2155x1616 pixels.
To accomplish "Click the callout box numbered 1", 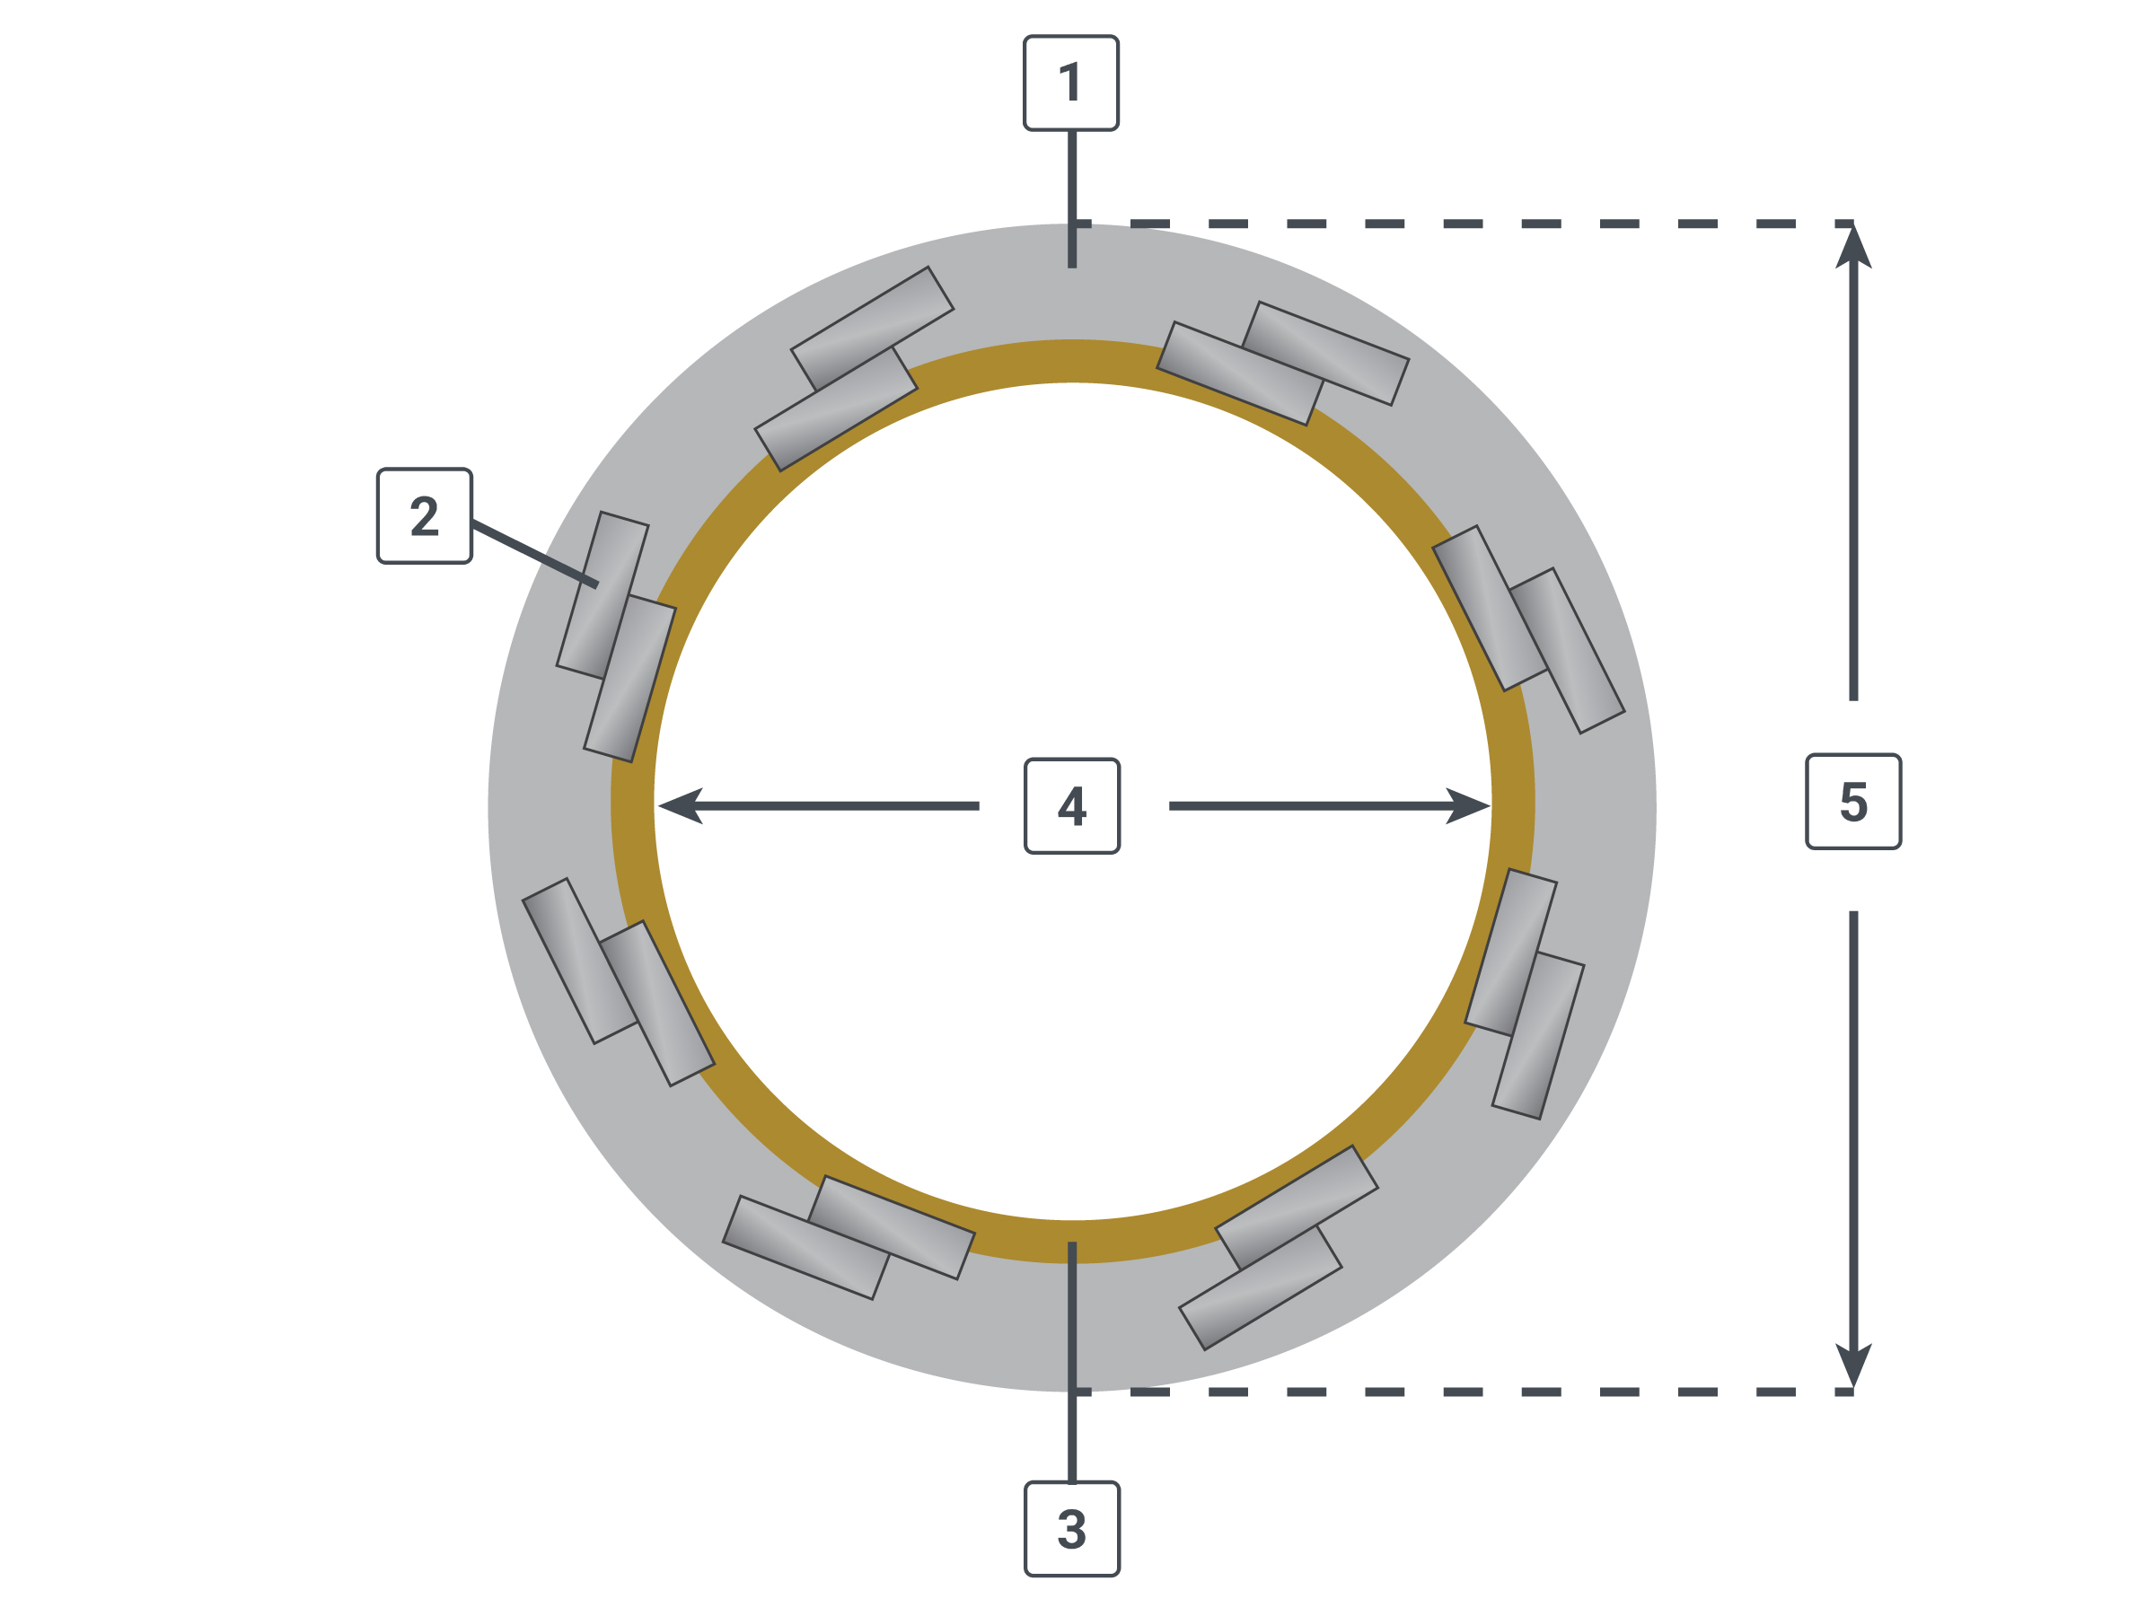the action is click(x=1070, y=83).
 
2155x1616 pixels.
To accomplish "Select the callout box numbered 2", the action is click(x=425, y=515).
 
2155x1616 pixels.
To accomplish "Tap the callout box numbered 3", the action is click(x=1071, y=1528).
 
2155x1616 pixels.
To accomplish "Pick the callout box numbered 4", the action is click(x=1071, y=805).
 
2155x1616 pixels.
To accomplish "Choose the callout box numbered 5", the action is click(x=1853, y=801).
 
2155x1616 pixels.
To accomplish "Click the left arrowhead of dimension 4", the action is click(x=679, y=805).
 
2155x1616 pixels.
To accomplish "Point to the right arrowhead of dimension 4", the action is click(x=1468, y=805).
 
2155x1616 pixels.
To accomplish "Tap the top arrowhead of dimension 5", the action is click(x=1853, y=247).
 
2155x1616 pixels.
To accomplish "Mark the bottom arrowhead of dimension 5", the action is click(x=1853, y=1364).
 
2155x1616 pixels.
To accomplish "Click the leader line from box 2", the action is click(x=535, y=554).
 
